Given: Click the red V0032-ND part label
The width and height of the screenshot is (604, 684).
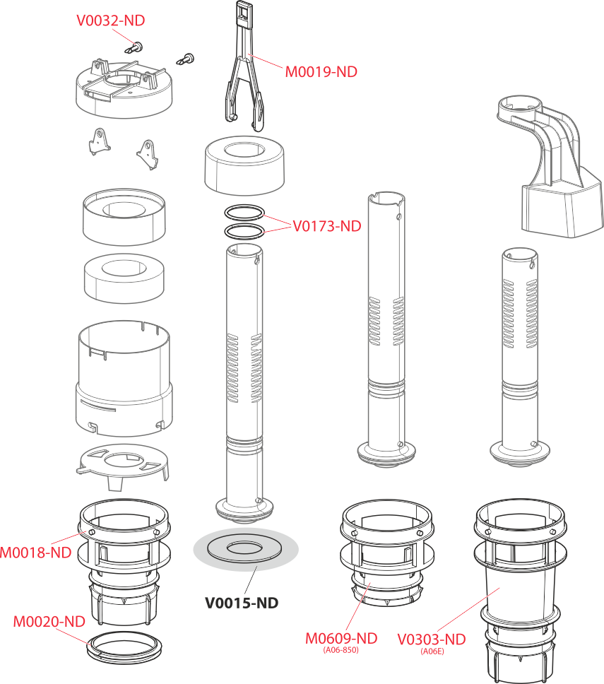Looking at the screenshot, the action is [110, 20].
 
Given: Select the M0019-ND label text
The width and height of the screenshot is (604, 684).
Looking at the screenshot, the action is [321, 72].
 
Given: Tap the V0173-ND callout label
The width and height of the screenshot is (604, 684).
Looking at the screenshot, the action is [326, 226].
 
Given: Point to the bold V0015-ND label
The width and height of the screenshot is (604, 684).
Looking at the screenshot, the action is [242, 603].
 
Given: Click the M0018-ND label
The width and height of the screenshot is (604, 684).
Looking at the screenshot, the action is [36, 553].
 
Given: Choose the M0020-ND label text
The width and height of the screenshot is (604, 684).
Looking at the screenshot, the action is [49, 622].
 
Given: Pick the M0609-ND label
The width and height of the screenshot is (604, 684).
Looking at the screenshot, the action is [341, 639].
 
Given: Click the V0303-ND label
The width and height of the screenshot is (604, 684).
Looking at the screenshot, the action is [432, 639].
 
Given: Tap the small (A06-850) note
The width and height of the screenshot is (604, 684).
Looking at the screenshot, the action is [341, 650].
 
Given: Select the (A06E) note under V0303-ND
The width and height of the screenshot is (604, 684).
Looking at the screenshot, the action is [432, 651].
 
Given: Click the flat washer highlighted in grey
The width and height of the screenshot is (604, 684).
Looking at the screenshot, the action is [246, 549].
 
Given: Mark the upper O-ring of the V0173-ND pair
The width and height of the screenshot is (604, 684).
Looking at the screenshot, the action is [244, 213].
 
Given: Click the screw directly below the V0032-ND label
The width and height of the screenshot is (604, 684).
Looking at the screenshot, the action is [135, 47].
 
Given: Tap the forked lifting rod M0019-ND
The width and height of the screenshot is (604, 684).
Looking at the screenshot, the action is [244, 66].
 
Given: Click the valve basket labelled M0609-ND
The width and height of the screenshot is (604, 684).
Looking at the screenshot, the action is [387, 553].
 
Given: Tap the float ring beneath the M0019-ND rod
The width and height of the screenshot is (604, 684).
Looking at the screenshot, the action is [244, 167].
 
